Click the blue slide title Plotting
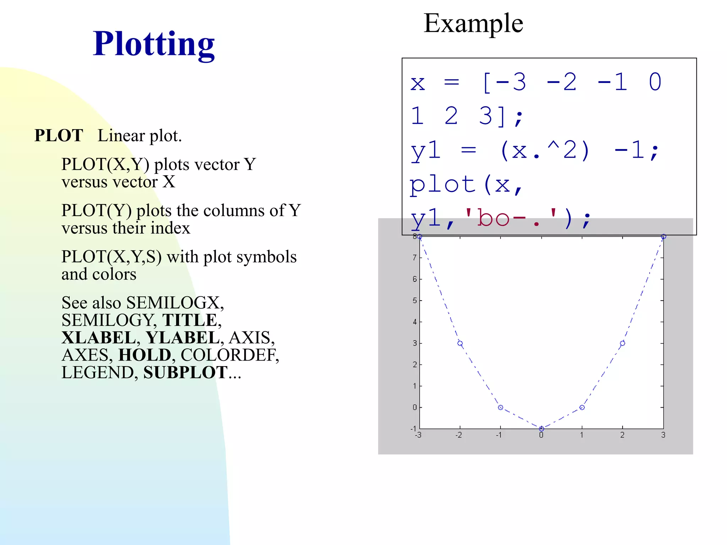[x=153, y=44]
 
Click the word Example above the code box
[x=473, y=23]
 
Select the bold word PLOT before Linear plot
[x=59, y=136]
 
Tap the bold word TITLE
[x=190, y=320]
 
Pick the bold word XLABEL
[x=98, y=337]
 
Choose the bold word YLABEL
[x=182, y=337]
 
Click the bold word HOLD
[x=144, y=355]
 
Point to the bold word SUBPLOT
[x=185, y=373]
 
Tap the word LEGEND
[x=98, y=373]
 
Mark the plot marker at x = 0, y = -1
[x=541, y=429]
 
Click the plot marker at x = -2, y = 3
[x=460, y=343]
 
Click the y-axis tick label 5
[x=415, y=301]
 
